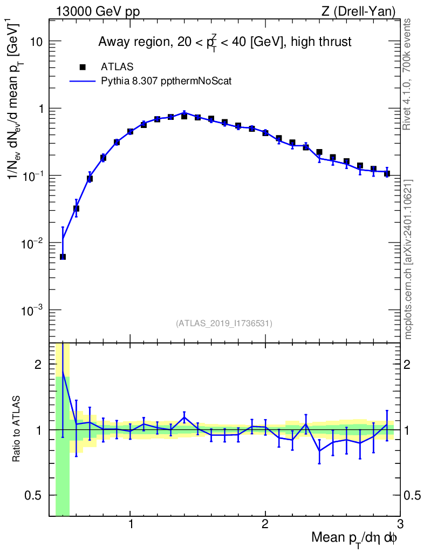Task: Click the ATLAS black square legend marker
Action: pyautogui.click(x=83, y=66)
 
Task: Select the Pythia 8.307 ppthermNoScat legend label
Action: pyautogui.click(x=166, y=81)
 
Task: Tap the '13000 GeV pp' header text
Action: pyautogui.click(x=98, y=11)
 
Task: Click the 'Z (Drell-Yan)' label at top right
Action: pyautogui.click(x=358, y=11)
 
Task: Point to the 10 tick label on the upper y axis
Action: pyautogui.click(x=36, y=42)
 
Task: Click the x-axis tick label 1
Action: pyautogui.click(x=131, y=523)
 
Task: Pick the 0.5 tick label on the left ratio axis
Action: pyautogui.click(x=33, y=496)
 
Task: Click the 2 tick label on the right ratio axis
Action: pyautogui.click(x=407, y=365)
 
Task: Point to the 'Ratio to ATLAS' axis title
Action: pyautogui.click(x=16, y=429)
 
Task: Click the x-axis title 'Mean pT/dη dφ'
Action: pyautogui.click(x=354, y=538)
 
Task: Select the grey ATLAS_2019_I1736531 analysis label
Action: pyautogui.click(x=224, y=323)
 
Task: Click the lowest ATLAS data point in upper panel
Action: pyautogui.click(x=63, y=257)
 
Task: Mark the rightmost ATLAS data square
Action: pyautogui.click(x=387, y=174)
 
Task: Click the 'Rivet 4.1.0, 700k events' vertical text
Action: pyautogui.click(x=407, y=75)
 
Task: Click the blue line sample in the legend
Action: pyautogui.click(x=83, y=81)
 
